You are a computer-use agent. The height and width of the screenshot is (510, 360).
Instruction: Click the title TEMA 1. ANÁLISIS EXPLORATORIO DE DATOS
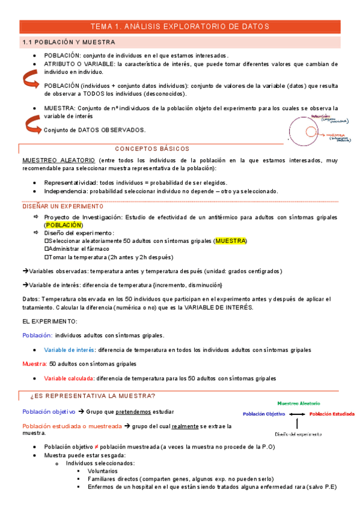(x=179, y=26)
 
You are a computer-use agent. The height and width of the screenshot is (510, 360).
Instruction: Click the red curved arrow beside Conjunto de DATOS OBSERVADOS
(x=32, y=125)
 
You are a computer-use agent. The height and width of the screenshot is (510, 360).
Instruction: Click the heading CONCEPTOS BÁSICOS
(x=151, y=149)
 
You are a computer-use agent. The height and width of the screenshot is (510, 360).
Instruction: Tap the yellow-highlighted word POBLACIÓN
(x=64, y=224)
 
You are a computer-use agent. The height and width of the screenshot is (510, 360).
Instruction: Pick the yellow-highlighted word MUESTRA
(x=231, y=241)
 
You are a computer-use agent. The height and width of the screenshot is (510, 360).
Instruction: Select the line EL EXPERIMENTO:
(x=47, y=322)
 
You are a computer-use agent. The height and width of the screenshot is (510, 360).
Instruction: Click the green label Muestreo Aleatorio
(x=299, y=404)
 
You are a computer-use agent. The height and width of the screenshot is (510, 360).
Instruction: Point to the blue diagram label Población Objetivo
(x=263, y=414)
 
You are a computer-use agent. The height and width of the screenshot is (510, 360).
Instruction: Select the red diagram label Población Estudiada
(x=332, y=414)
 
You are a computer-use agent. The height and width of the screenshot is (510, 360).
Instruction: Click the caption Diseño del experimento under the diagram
(x=297, y=433)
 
